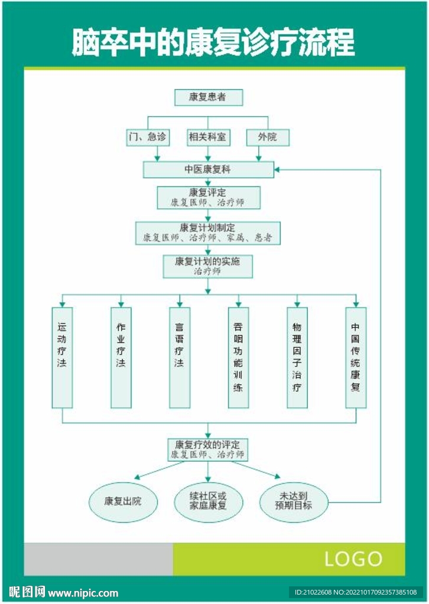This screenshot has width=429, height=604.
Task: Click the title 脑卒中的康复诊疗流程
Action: [213, 42]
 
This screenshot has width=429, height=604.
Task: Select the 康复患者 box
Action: [209, 97]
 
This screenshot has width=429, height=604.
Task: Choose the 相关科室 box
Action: [208, 137]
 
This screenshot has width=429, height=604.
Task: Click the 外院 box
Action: [267, 137]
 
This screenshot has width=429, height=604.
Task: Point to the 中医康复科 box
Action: [208, 170]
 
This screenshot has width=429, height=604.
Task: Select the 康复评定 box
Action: [208, 198]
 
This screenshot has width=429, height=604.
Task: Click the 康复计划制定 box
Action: [208, 233]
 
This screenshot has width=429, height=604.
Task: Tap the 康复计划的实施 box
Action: [208, 267]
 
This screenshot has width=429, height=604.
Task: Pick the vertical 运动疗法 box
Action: [62, 357]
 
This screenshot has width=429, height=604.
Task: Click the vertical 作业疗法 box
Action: [121, 357]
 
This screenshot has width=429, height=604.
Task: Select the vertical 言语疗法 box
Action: [180, 357]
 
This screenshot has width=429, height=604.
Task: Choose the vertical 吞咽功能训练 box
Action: [238, 357]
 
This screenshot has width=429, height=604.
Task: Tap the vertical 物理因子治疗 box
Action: [297, 357]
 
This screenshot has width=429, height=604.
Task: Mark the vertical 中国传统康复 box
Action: [356, 357]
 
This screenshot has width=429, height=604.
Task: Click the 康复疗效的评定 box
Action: [208, 449]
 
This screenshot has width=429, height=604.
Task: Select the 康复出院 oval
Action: [123, 502]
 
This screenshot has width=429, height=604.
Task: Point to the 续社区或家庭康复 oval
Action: [208, 502]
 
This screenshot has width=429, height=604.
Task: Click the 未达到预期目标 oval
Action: [294, 502]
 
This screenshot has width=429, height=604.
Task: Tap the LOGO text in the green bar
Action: [353, 559]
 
